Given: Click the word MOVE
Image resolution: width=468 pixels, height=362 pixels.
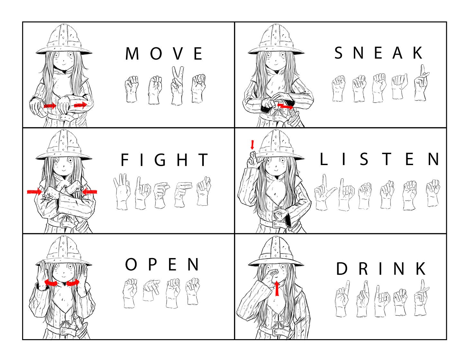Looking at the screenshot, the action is pyautogui.click(x=164, y=53).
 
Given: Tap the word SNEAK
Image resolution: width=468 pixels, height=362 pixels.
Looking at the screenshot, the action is pyautogui.click(x=378, y=52).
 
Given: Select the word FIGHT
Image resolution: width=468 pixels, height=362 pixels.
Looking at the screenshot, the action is pyautogui.click(x=164, y=160).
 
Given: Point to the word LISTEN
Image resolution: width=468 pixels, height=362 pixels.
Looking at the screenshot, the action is pyautogui.click(x=379, y=159).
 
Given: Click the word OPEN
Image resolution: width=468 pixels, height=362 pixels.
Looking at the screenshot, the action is pyautogui.click(x=162, y=264).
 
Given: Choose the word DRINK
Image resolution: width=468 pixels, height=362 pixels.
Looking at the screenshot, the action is pyautogui.click(x=381, y=269).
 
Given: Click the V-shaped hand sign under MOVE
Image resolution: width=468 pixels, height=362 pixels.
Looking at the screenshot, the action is pyautogui.click(x=177, y=86).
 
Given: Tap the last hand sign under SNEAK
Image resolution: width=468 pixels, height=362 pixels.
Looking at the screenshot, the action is pyautogui.click(x=421, y=83).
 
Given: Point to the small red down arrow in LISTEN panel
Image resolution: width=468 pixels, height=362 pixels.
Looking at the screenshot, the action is pyautogui.click(x=252, y=145).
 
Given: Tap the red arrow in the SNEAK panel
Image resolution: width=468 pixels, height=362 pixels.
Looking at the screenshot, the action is pyautogui.click(x=285, y=106).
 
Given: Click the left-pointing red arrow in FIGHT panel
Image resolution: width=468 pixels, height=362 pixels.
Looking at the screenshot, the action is pyautogui.click(x=90, y=191).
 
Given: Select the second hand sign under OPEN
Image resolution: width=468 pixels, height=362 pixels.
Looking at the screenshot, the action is pyautogui.click(x=151, y=290).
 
